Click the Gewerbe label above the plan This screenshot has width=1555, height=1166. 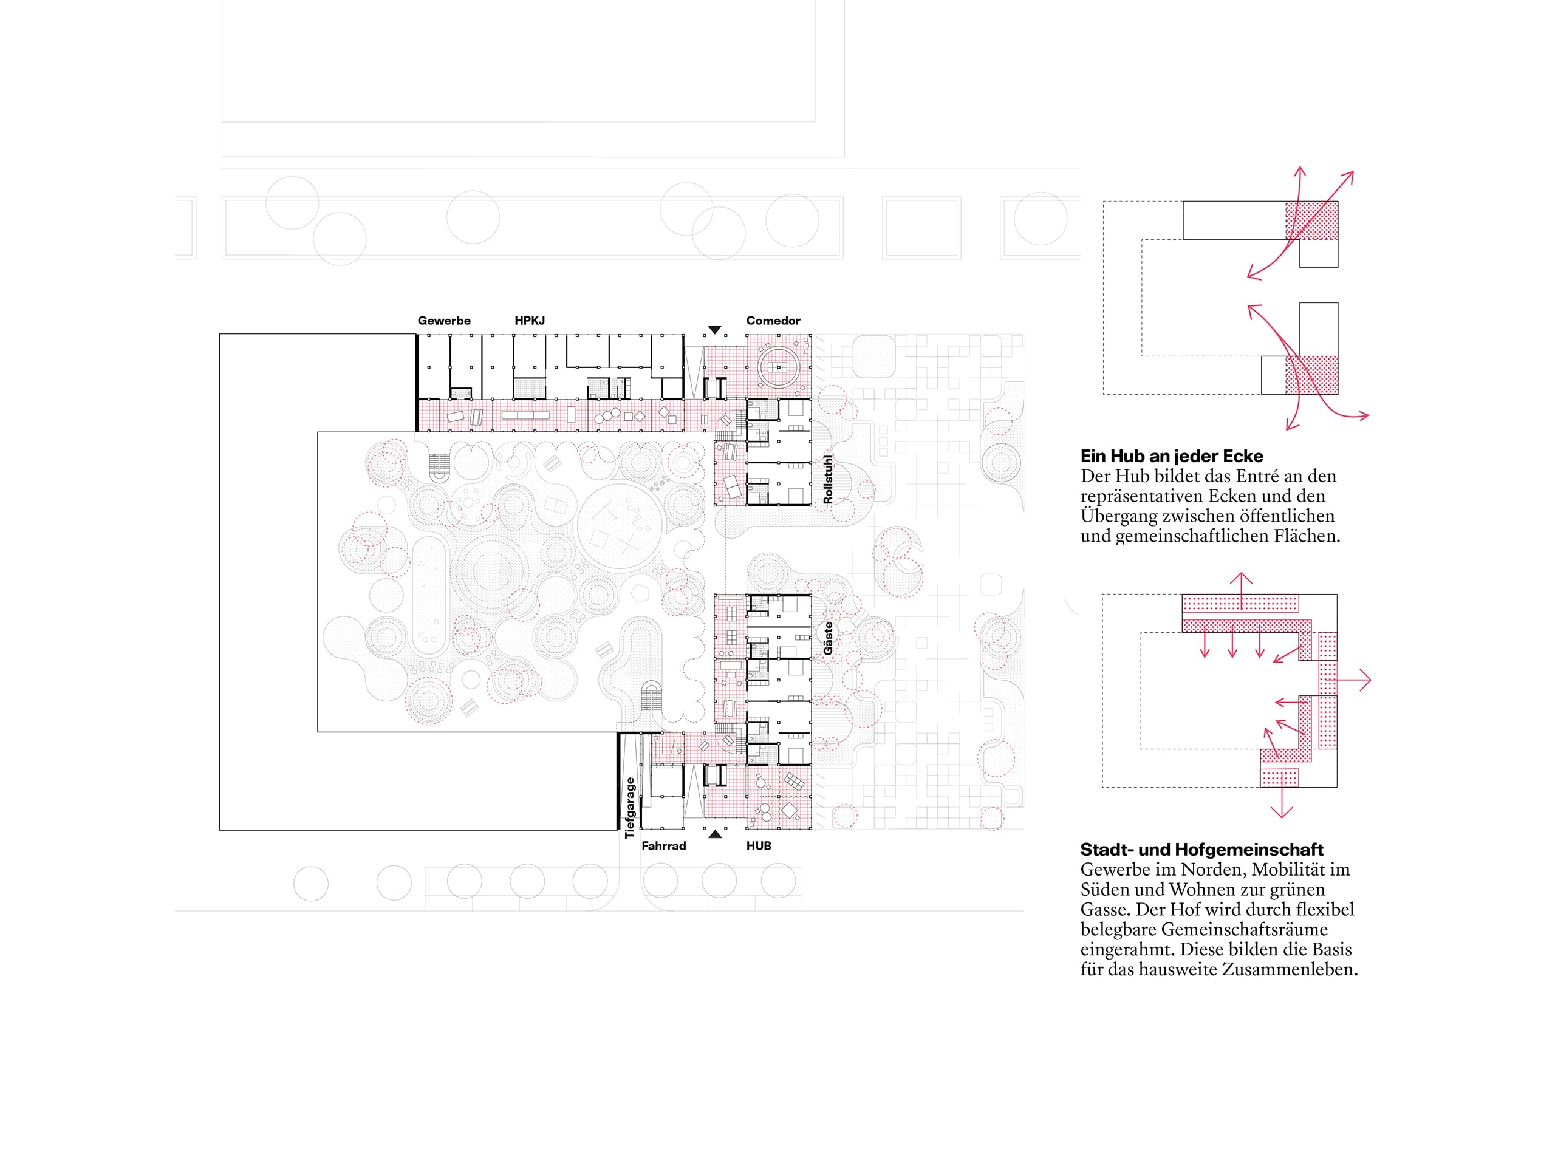pyautogui.click(x=443, y=321)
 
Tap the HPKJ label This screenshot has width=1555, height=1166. pyautogui.click(x=529, y=321)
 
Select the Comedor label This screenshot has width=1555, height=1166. pyautogui.click(x=773, y=321)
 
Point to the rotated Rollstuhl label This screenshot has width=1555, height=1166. pyautogui.click(x=828, y=479)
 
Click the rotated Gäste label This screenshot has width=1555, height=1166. pyautogui.click(x=828, y=638)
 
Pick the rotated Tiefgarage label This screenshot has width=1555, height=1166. pyautogui.click(x=630, y=808)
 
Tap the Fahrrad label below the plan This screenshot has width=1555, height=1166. pyautogui.click(x=664, y=845)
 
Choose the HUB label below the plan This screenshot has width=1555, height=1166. pyautogui.click(x=759, y=845)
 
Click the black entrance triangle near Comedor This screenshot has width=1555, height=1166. pyautogui.click(x=715, y=330)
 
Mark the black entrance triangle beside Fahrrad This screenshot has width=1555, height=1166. pyautogui.click(x=715, y=834)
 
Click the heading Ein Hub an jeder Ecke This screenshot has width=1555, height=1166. pyautogui.click(x=1172, y=456)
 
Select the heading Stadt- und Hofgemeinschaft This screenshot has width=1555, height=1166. pyautogui.click(x=1202, y=850)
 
